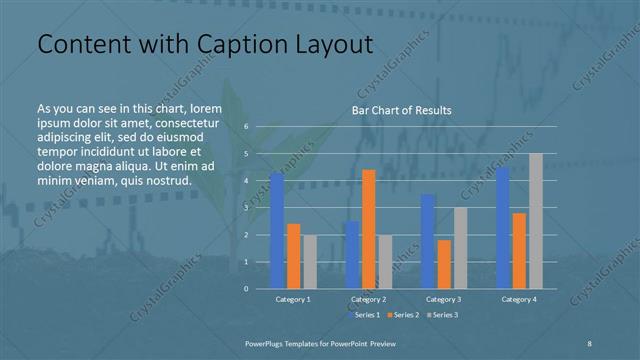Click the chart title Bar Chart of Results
point(401,110)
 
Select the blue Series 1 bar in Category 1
point(277,230)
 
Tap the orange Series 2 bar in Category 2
point(369,229)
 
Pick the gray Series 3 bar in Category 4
point(536,220)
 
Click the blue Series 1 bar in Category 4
point(502,228)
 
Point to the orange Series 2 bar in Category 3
point(444,264)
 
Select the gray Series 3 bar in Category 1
point(310,261)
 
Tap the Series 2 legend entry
point(402,315)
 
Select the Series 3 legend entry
point(441,315)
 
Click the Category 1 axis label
point(293,299)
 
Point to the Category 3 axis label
point(444,299)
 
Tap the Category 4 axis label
point(519,299)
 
